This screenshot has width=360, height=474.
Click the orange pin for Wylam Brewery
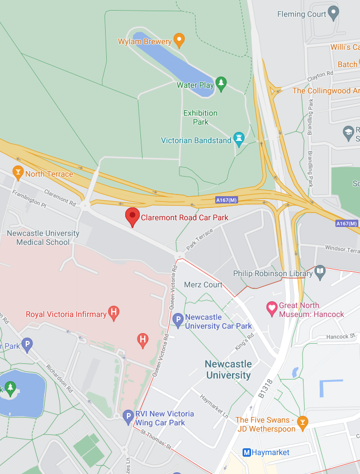pyautogui.click(x=179, y=40)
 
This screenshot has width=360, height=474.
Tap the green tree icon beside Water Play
pyautogui.click(x=221, y=84)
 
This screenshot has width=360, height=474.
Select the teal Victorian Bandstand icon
pyautogui.click(x=239, y=139)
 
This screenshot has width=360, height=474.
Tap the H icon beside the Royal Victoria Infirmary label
pyautogui.click(x=114, y=313)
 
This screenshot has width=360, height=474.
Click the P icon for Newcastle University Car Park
pyautogui.click(x=177, y=320)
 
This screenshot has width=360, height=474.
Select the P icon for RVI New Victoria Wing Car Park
pyautogui.click(x=128, y=416)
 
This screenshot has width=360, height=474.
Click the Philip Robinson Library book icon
pyautogui.click(x=320, y=273)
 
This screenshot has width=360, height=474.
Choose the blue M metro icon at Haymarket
pyautogui.click(x=246, y=452)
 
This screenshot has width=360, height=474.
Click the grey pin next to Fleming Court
pyautogui.click(x=333, y=12)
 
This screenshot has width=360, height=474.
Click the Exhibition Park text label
pyautogui.click(x=200, y=117)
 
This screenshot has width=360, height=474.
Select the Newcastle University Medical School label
pyautogui.click(x=43, y=238)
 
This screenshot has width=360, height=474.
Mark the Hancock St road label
pyautogui.click(x=341, y=336)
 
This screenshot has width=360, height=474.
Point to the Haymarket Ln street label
pyautogui.click(x=214, y=406)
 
